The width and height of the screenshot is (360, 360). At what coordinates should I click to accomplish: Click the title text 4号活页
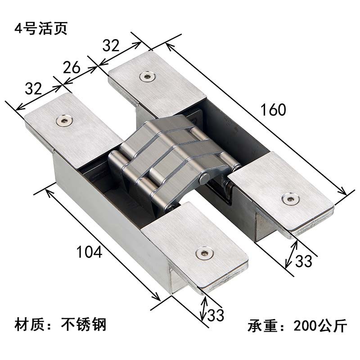pyautogui.click(x=41, y=28)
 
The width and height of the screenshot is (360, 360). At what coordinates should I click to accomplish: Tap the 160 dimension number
pyautogui.click(x=273, y=110)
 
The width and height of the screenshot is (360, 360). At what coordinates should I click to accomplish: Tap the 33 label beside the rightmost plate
pyautogui.click(x=302, y=261)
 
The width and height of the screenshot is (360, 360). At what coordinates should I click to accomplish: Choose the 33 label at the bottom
pyautogui.click(x=215, y=315)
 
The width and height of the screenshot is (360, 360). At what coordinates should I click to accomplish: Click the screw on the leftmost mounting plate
pyautogui.click(x=64, y=120)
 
